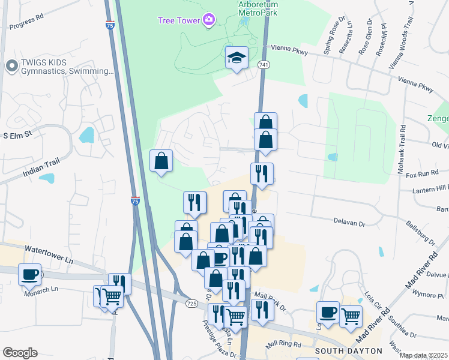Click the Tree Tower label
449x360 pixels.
[179, 20]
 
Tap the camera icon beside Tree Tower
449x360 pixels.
[208, 20]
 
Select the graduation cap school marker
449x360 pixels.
[237, 58]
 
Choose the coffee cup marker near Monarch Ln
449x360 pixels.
[30, 275]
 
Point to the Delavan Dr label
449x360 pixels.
[349, 223]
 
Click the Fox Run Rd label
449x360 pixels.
[419, 174]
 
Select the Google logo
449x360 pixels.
[20, 353]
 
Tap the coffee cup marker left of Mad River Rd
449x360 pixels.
[328, 312]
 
